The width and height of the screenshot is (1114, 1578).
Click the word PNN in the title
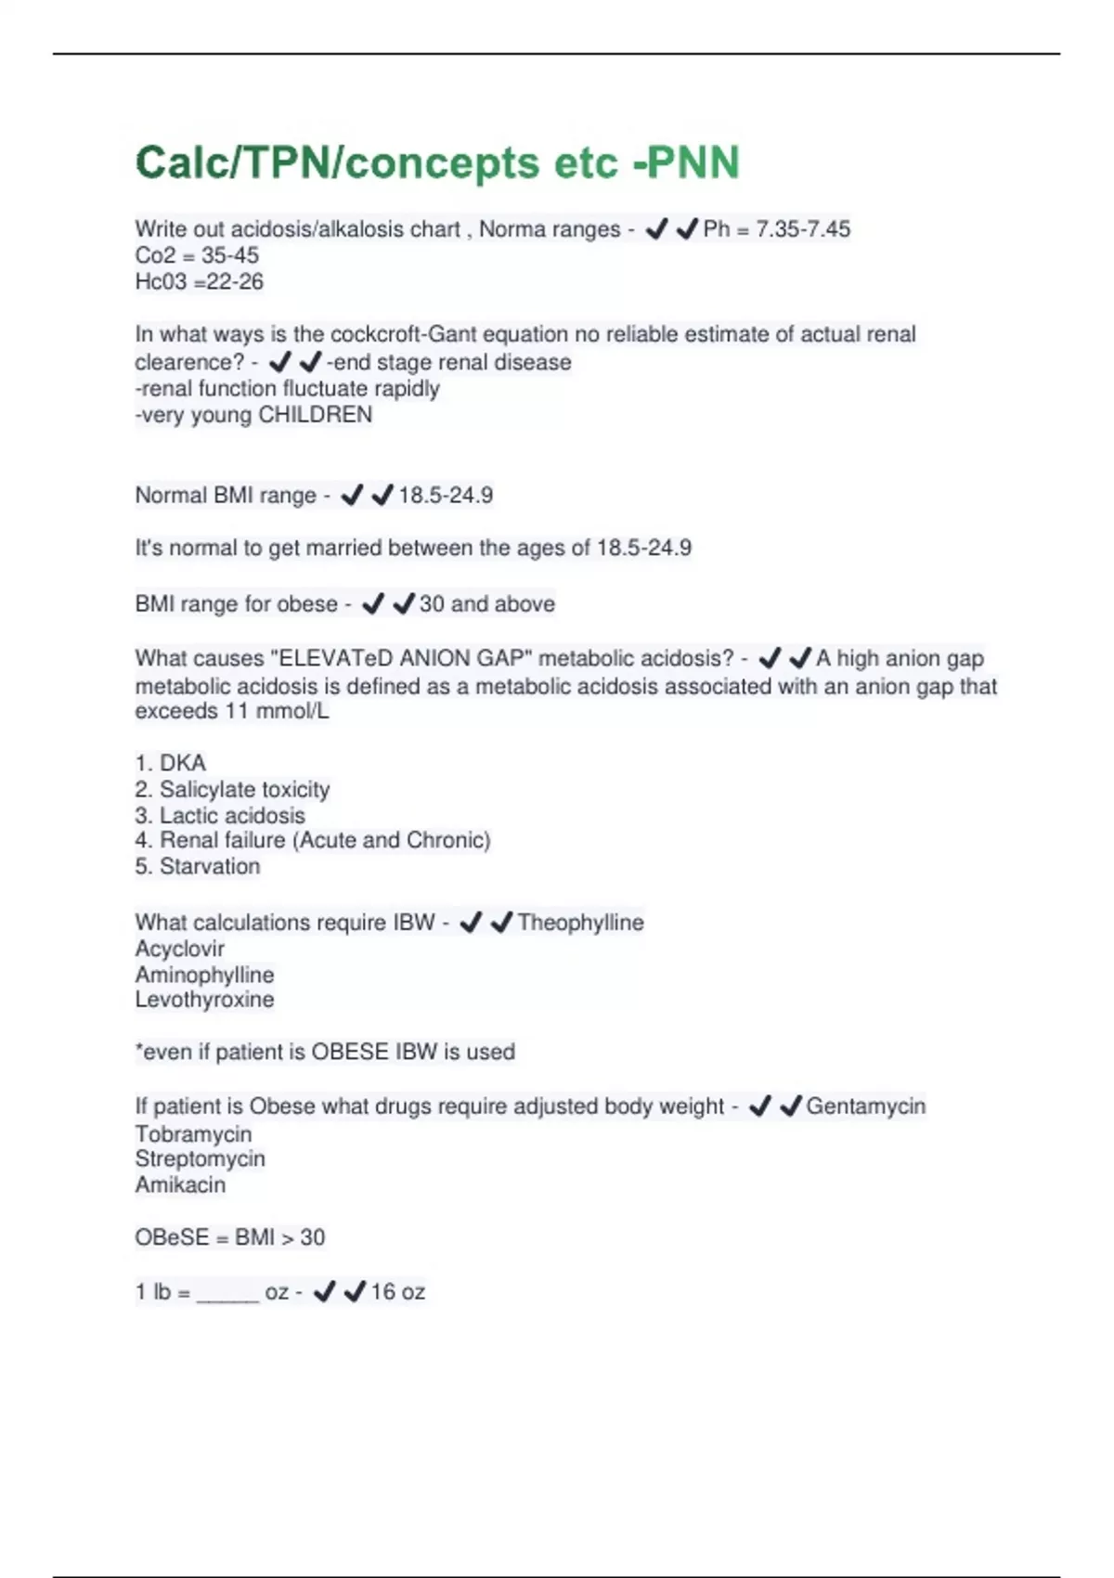pyautogui.click(x=693, y=163)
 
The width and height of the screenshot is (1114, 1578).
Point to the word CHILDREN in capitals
pyautogui.click(x=315, y=415)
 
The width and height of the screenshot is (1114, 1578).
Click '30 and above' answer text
pyautogui.click(x=486, y=604)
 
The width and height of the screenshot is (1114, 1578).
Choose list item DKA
pyautogui.click(x=182, y=763)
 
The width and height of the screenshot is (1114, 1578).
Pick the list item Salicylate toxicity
pyautogui.click(x=244, y=790)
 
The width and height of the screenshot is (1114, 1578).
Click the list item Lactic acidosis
pyautogui.click(x=232, y=816)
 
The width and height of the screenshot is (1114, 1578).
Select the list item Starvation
pyautogui.click(x=210, y=867)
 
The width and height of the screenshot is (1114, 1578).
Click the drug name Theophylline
pyautogui.click(x=580, y=923)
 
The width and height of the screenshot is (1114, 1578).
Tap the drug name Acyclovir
pyautogui.click(x=180, y=949)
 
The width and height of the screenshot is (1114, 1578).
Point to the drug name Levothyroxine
pyautogui.click(x=204, y=1000)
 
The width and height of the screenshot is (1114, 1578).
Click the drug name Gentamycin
pyautogui.click(x=865, y=1106)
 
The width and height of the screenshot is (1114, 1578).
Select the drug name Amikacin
pyautogui.click(x=180, y=1185)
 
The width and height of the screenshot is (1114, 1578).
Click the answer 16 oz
pyautogui.click(x=397, y=1292)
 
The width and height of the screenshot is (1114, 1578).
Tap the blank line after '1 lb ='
pyautogui.click(x=227, y=1296)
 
